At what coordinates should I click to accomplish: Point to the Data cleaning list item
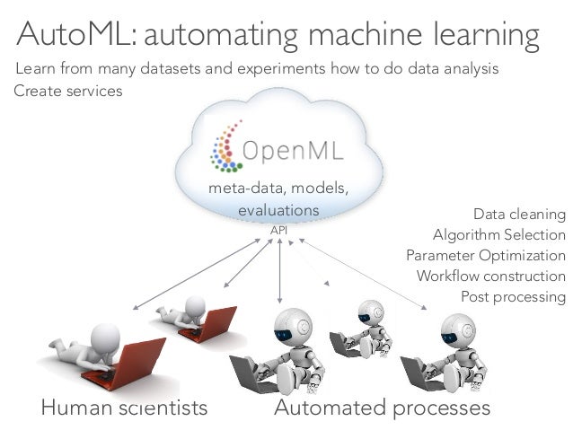click(519, 215)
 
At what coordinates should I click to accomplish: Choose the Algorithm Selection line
click(498, 235)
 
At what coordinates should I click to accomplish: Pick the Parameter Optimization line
click(486, 256)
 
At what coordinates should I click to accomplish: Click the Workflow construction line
click(490, 276)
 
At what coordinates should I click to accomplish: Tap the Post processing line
click(513, 296)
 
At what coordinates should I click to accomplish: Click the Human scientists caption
click(124, 408)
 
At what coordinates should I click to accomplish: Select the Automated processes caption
click(382, 408)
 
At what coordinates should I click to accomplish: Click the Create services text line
click(68, 92)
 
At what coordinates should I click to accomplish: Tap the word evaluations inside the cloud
click(278, 209)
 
